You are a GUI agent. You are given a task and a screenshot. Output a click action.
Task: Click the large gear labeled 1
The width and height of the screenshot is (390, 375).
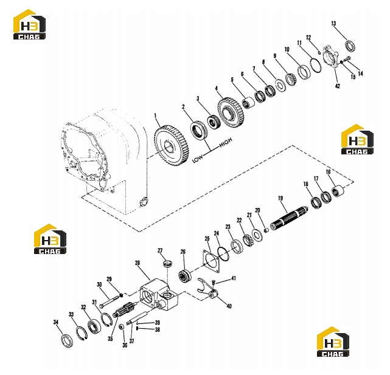click(172, 146)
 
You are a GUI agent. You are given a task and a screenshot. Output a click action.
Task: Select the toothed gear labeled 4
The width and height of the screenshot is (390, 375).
click(231, 112)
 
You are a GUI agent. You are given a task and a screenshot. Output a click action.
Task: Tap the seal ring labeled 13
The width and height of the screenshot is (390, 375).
click(350, 46)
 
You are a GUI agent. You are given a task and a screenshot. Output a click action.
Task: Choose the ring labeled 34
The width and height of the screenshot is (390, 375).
click(67, 341)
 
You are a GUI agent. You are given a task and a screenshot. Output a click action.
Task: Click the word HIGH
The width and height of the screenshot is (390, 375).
click(226, 142)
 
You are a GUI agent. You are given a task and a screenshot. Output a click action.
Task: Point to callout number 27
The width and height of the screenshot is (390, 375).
click(160, 250)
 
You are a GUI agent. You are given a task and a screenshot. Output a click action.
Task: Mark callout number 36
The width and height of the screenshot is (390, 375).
click(125, 345)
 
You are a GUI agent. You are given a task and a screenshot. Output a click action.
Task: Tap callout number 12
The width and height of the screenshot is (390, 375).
click(308, 38)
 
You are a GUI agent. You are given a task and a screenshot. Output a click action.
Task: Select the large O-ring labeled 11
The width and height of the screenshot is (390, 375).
click(316, 65)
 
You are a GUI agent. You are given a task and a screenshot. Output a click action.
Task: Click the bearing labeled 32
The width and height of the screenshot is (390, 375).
click(94, 326)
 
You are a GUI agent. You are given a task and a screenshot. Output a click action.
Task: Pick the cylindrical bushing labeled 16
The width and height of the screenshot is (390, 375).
click(338, 191)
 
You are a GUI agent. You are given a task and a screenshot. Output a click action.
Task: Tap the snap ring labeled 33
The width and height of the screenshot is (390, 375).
click(82, 334)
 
